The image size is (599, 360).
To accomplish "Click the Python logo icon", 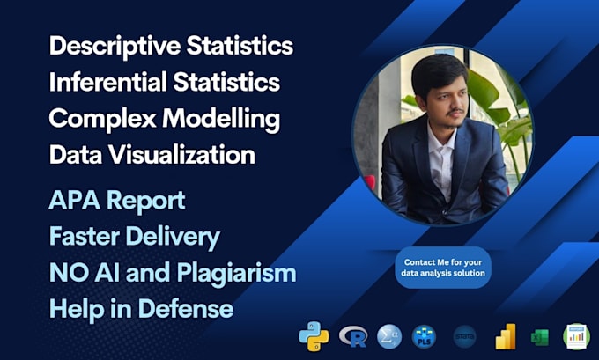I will tap(314, 338).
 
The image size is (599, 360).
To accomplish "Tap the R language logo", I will tap(354, 337).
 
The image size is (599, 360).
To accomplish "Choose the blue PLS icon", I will tap(424, 337).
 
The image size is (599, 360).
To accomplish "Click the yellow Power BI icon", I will tap(506, 337).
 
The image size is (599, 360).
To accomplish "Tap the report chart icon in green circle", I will tap(576, 337).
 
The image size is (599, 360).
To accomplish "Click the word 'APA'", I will tap(73, 201).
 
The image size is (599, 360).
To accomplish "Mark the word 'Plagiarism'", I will tap(236, 274).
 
